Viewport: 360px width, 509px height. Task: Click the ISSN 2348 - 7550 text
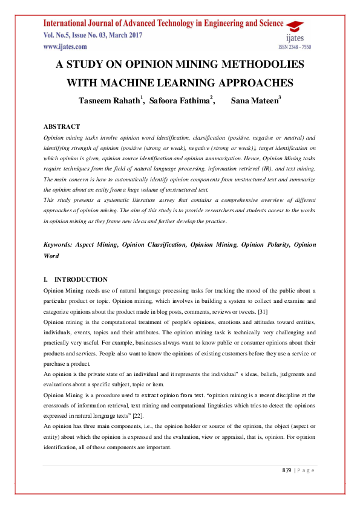[x=295, y=47]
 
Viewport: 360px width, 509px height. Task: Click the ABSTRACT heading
[x=62, y=127]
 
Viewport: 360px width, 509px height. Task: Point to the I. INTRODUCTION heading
[x=76, y=280]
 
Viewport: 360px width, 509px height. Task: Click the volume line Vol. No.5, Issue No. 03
[x=93, y=35]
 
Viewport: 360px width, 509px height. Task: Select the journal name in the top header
[x=163, y=24]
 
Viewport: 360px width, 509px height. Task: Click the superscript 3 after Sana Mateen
[x=280, y=97]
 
